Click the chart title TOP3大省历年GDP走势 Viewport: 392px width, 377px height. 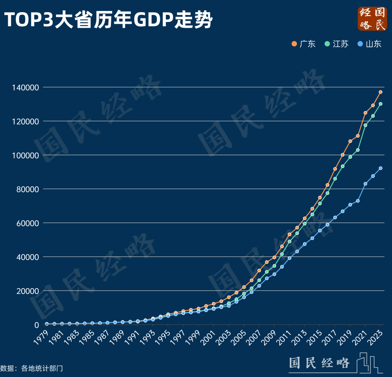pyautogui.click(x=108, y=20)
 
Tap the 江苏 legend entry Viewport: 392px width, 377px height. pyautogui.click(x=336, y=44)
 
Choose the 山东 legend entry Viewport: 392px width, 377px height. pyautogui.click(x=369, y=44)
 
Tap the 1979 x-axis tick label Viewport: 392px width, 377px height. pyautogui.click(x=42, y=336)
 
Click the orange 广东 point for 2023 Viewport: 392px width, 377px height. pyautogui.click(x=380, y=92)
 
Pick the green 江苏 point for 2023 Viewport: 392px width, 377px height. pyautogui.click(x=380, y=104)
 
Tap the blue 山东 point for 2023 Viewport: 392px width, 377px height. pyautogui.click(x=380, y=168)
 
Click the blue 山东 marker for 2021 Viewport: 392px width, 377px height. pyautogui.click(x=365, y=184)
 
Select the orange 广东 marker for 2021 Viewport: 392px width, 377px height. pyautogui.click(x=365, y=113)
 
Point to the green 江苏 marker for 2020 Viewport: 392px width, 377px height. pyautogui.click(x=358, y=150)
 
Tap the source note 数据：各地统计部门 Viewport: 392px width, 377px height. pyautogui.click(x=31, y=368)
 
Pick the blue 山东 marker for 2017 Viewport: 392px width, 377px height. pyautogui.click(x=335, y=217)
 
